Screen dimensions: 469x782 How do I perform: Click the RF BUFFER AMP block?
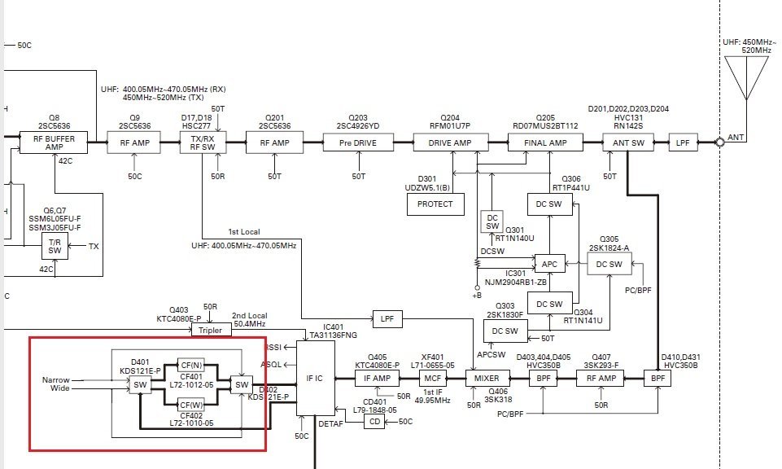coord(53,143)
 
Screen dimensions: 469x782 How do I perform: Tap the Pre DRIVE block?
coord(358,143)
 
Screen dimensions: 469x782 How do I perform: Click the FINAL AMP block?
coord(546,143)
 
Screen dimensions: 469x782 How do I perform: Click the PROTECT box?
coord(435,204)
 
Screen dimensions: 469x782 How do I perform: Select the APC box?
coord(549,264)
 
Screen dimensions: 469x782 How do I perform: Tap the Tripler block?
coord(211,329)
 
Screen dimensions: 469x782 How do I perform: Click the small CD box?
coord(374,423)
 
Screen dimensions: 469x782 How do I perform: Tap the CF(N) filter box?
coord(192,366)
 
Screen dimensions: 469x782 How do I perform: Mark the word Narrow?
coord(57,379)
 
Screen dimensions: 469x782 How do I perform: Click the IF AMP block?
coord(376,379)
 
